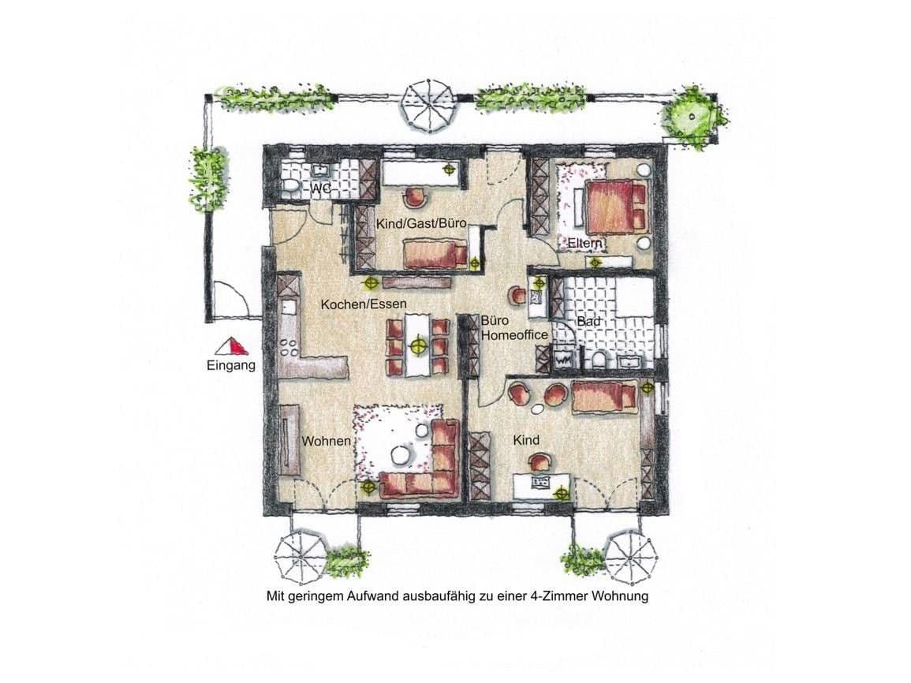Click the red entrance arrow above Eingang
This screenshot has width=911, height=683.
[233, 346]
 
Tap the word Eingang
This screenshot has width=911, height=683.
[231, 365]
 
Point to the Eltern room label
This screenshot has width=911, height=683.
[584, 244]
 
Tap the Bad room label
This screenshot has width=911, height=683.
[587, 322]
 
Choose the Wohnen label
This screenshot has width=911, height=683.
[326, 441]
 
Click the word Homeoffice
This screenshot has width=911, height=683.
[514, 335]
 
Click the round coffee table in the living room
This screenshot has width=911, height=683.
[401, 455]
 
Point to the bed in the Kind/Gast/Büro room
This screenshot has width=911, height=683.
[435, 253]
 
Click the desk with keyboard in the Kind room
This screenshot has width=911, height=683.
[541, 483]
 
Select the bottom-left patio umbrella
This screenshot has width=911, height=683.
[301, 556]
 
